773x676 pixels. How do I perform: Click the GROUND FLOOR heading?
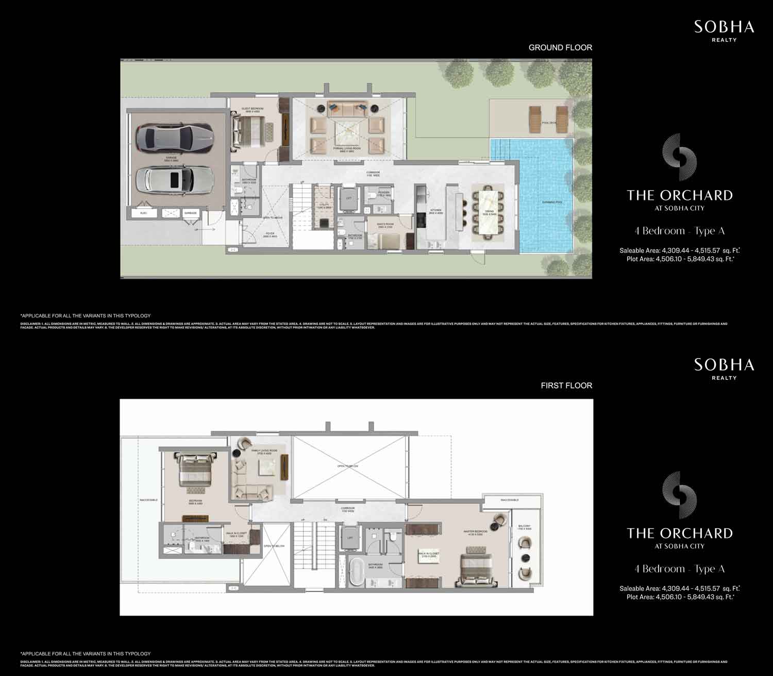click(560, 47)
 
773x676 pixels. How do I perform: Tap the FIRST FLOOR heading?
click(566, 385)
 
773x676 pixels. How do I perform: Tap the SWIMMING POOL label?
click(552, 202)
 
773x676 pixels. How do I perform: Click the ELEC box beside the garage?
click(144, 213)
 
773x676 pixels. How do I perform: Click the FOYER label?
click(270, 234)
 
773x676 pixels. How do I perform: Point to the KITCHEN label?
click(436, 211)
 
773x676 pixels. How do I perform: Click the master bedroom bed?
click(477, 571)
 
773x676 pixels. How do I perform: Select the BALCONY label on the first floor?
click(524, 527)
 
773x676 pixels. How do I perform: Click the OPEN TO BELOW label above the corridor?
click(348, 466)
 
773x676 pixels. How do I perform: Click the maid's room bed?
click(388, 241)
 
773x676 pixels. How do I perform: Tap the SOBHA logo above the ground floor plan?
click(724, 27)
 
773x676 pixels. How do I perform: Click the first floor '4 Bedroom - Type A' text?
click(680, 569)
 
